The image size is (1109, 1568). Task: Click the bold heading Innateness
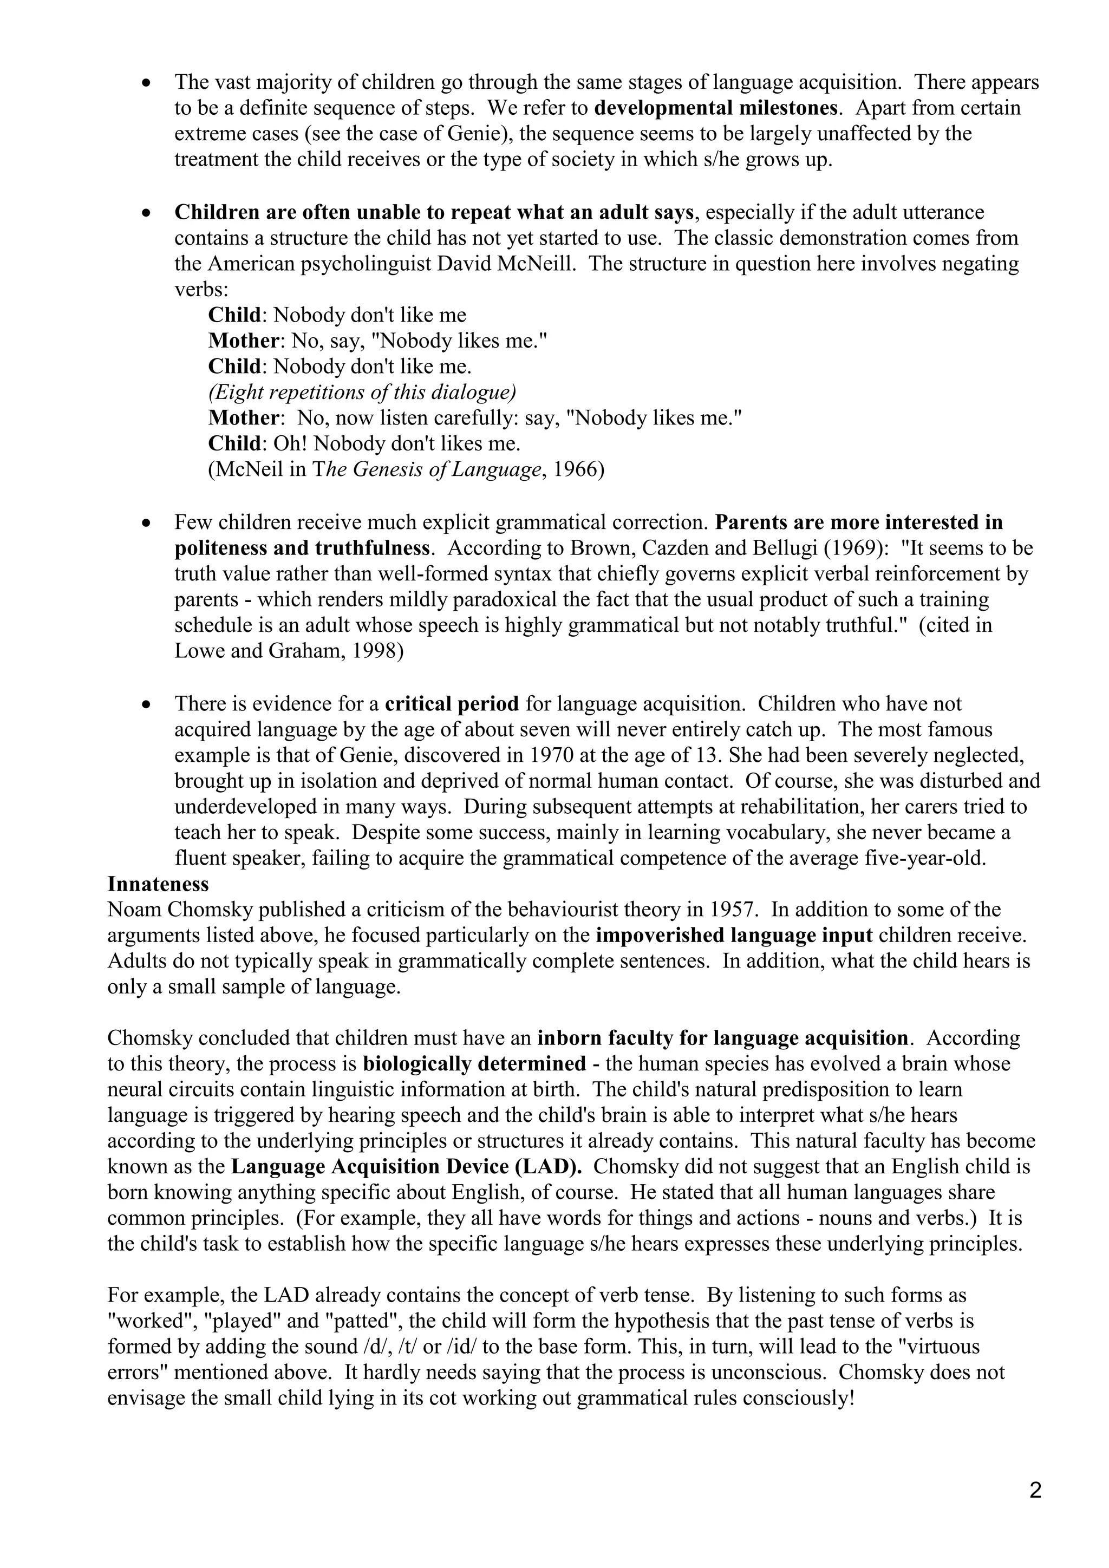pos(158,884)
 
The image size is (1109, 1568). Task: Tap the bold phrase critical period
pos(452,703)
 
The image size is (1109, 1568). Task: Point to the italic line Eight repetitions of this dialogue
pos(362,392)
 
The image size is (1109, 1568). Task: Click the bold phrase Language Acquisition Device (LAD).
pos(406,1166)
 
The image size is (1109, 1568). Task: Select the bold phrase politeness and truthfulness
pos(303,548)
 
